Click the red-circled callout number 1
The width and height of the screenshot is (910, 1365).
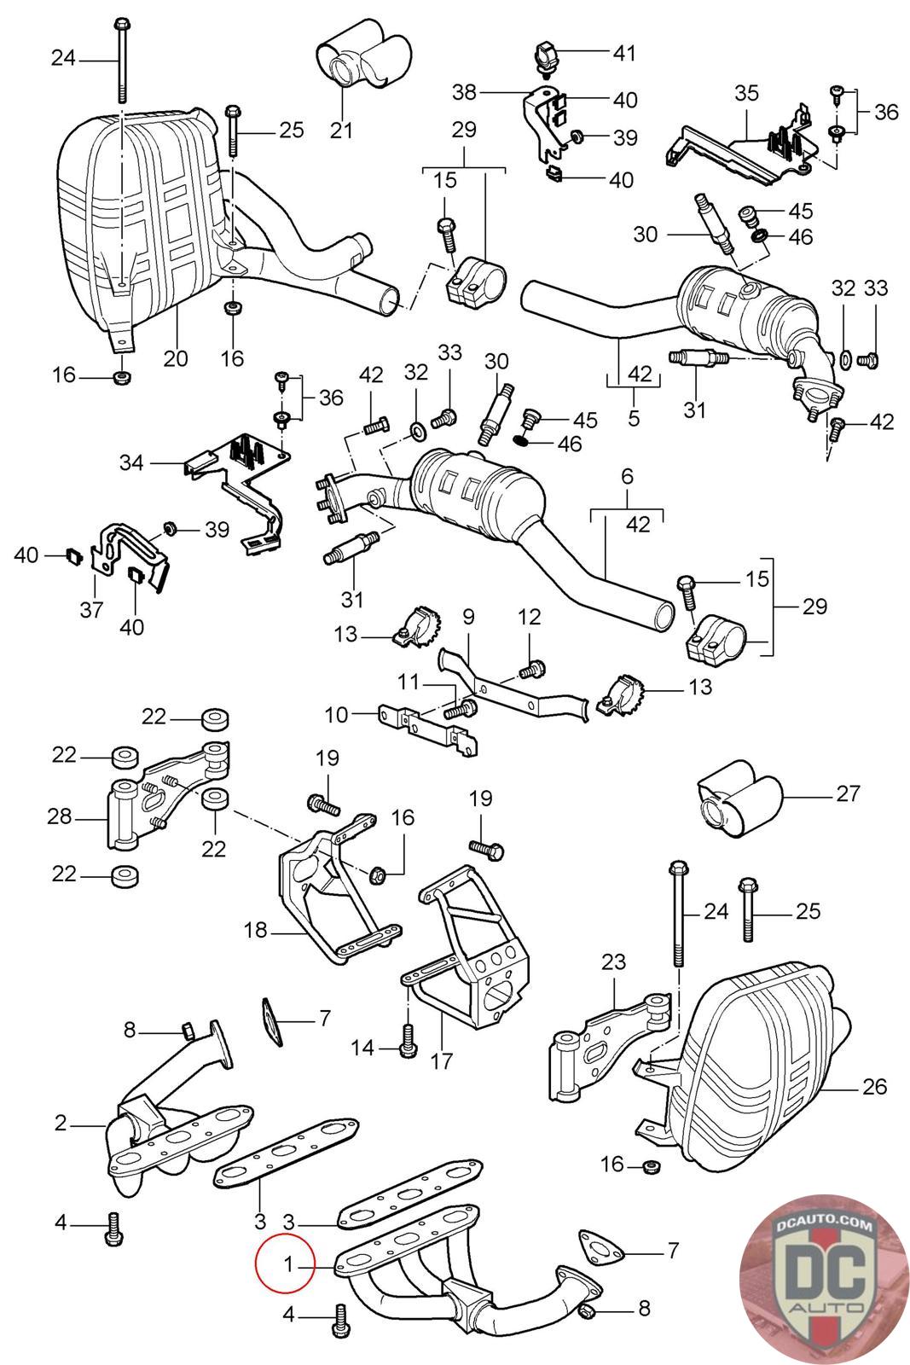point(287,1263)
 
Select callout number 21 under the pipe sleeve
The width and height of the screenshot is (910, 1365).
point(341,130)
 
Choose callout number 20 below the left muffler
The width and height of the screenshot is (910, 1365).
point(176,357)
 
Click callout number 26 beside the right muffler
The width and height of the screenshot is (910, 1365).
point(874,1086)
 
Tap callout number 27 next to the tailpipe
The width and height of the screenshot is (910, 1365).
point(848,793)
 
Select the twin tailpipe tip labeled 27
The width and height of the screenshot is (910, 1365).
point(739,799)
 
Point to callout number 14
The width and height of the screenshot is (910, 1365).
point(363,1047)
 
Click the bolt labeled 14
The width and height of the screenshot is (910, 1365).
point(406,1041)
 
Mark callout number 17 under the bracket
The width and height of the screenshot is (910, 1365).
point(442,1061)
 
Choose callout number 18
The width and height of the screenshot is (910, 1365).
point(256,930)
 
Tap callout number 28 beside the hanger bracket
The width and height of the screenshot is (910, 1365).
point(60,816)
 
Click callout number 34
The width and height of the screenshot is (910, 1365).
point(131,463)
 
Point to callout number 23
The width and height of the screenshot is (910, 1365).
point(613,963)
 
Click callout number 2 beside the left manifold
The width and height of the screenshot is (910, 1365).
point(60,1123)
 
